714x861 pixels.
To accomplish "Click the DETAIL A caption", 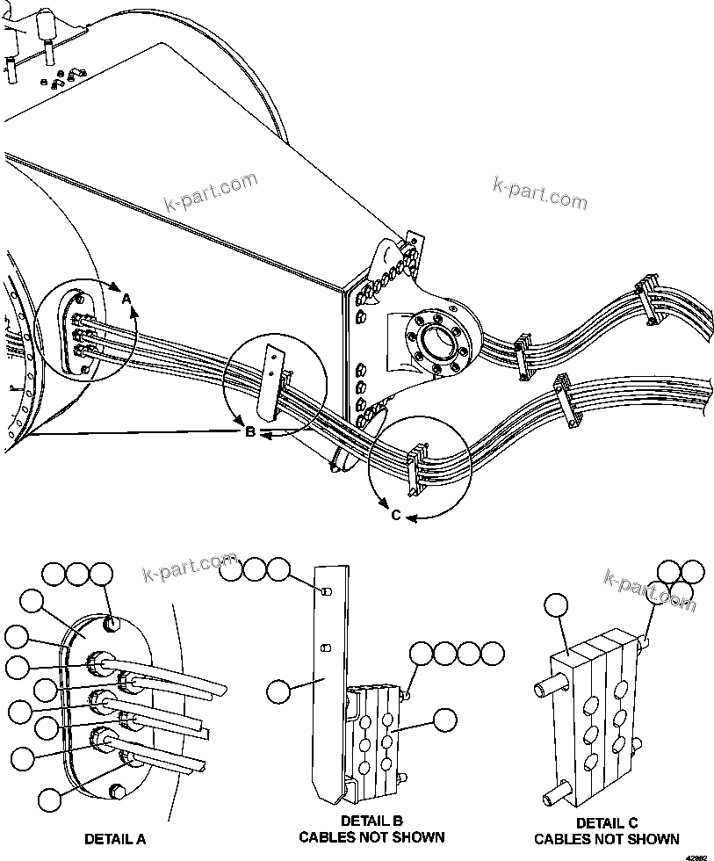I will click(114, 839).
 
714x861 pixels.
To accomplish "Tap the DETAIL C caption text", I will click(606, 823).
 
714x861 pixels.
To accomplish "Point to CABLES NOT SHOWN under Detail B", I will click(371, 837).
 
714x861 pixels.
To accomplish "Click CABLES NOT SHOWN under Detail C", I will click(606, 839).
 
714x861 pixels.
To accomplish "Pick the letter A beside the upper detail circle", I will click(126, 300).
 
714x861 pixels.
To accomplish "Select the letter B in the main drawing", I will click(249, 431).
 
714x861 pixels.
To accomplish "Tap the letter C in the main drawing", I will click(396, 516).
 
